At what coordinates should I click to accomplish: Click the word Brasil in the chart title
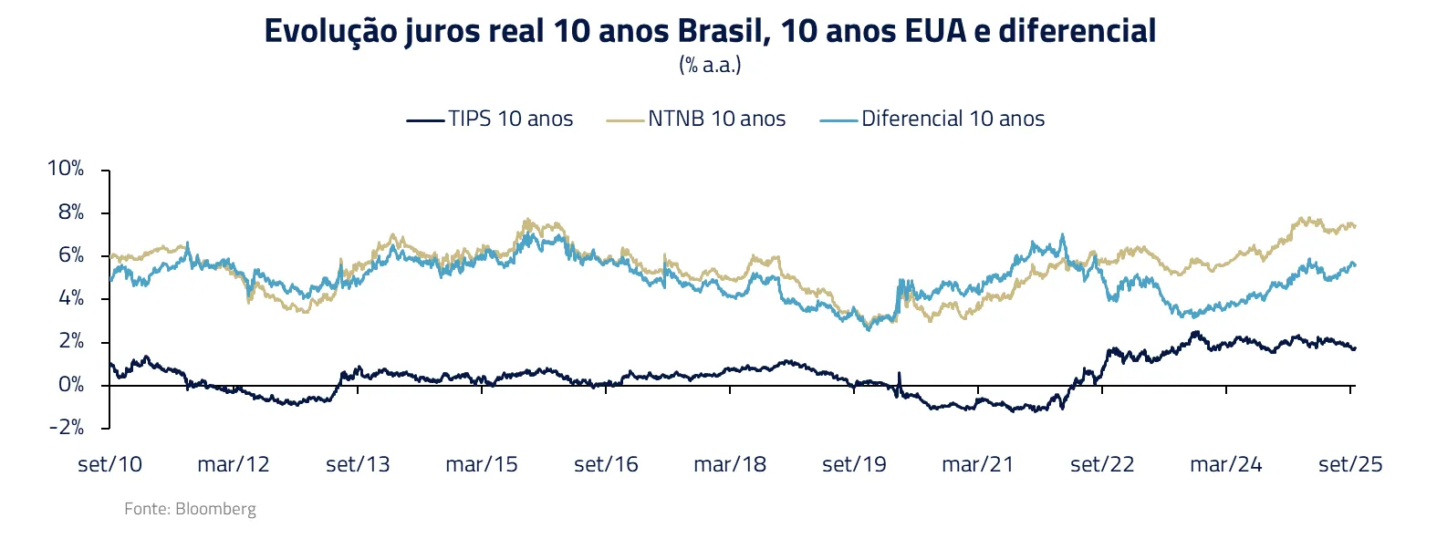click(x=723, y=31)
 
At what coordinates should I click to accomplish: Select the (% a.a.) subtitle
click(x=710, y=65)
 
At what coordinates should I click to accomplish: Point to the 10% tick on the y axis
click(x=66, y=169)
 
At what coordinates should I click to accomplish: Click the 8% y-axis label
click(x=70, y=212)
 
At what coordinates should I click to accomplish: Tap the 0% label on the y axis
click(x=70, y=385)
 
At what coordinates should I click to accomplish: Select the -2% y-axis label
click(x=66, y=428)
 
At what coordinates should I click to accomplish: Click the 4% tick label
click(x=70, y=298)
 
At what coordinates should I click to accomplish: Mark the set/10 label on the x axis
click(x=109, y=464)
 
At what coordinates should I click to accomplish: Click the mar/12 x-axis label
click(x=234, y=464)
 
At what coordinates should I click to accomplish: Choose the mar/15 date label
click(x=482, y=464)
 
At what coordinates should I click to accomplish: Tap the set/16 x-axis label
click(x=606, y=464)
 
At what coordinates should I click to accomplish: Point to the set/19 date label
click(x=854, y=464)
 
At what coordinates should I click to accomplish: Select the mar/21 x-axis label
click(x=978, y=464)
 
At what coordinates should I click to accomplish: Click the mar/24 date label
click(x=1226, y=464)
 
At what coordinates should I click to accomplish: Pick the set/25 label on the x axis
click(x=1350, y=464)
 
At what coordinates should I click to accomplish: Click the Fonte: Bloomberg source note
click(x=190, y=509)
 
